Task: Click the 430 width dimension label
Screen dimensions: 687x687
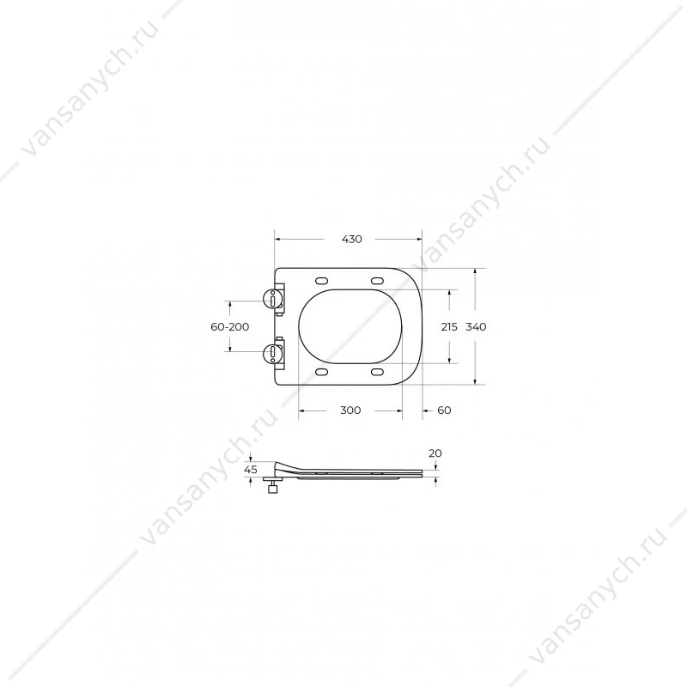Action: (352, 240)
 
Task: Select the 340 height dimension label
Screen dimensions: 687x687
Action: (476, 327)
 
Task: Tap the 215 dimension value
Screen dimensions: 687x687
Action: (449, 327)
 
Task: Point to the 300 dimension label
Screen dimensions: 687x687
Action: (350, 410)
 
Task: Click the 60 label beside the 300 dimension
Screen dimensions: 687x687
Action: (444, 410)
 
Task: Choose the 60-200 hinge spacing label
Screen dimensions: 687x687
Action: (230, 327)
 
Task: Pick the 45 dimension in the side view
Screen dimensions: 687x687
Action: (251, 470)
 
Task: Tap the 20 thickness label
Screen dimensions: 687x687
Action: (435, 453)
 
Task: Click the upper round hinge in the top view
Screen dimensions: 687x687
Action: (271, 300)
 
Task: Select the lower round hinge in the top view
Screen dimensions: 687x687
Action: (271, 353)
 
